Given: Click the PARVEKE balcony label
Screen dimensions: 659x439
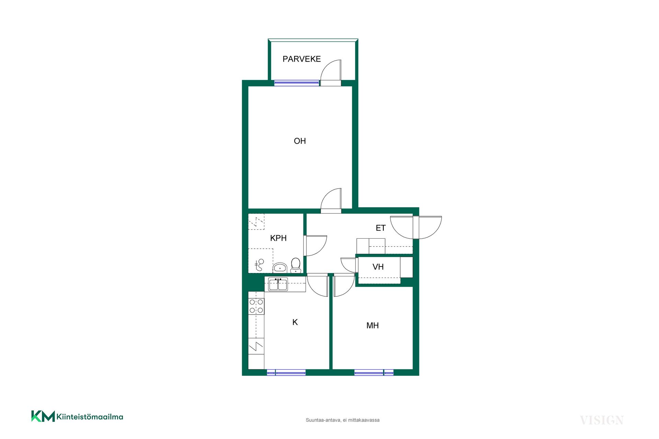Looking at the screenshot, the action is [x=301, y=59].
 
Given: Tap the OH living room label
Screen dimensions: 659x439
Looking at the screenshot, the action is [x=300, y=141].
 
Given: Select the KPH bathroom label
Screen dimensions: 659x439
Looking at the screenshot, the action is [x=278, y=238].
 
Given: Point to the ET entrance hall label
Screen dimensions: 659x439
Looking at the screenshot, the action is [x=381, y=228].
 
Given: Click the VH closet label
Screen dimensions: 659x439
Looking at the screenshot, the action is [x=378, y=267].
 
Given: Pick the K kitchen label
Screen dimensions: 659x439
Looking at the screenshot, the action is [x=295, y=322].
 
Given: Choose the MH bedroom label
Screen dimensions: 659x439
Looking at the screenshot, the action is [x=372, y=325].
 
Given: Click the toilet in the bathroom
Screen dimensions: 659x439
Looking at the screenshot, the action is [x=296, y=265].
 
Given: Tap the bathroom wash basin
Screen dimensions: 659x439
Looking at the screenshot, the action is [x=280, y=268].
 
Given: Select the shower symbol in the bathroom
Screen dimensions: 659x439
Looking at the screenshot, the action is [x=259, y=265].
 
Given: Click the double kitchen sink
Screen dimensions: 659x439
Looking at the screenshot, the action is [x=278, y=285].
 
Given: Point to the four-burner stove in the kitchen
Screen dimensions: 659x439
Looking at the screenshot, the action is [x=256, y=306].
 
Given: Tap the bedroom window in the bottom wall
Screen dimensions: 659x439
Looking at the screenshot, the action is [x=374, y=372].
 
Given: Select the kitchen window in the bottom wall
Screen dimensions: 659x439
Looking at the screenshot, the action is [x=286, y=372].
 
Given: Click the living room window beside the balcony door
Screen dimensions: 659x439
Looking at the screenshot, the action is [x=297, y=83].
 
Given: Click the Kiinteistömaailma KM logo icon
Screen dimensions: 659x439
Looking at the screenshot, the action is [x=43, y=416].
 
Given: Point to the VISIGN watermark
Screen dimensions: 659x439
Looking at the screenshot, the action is [x=602, y=420].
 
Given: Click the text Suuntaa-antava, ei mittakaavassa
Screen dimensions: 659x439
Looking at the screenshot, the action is [x=343, y=420].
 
